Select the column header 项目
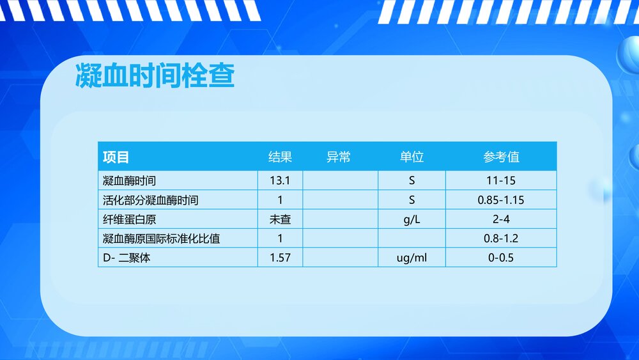click(116, 157)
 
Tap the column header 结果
click(280, 157)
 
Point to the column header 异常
click(339, 157)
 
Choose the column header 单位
click(412, 157)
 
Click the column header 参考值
click(501, 157)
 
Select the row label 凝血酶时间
click(129, 181)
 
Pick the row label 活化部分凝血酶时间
click(150, 200)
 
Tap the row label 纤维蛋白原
click(129, 219)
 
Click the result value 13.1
click(280, 181)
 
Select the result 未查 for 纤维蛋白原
click(280, 219)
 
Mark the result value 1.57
click(280, 258)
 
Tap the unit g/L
click(412, 219)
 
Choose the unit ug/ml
click(412, 258)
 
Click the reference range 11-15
click(501, 181)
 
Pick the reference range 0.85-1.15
click(501, 200)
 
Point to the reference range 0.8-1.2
click(501, 239)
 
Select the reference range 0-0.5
click(501, 258)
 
